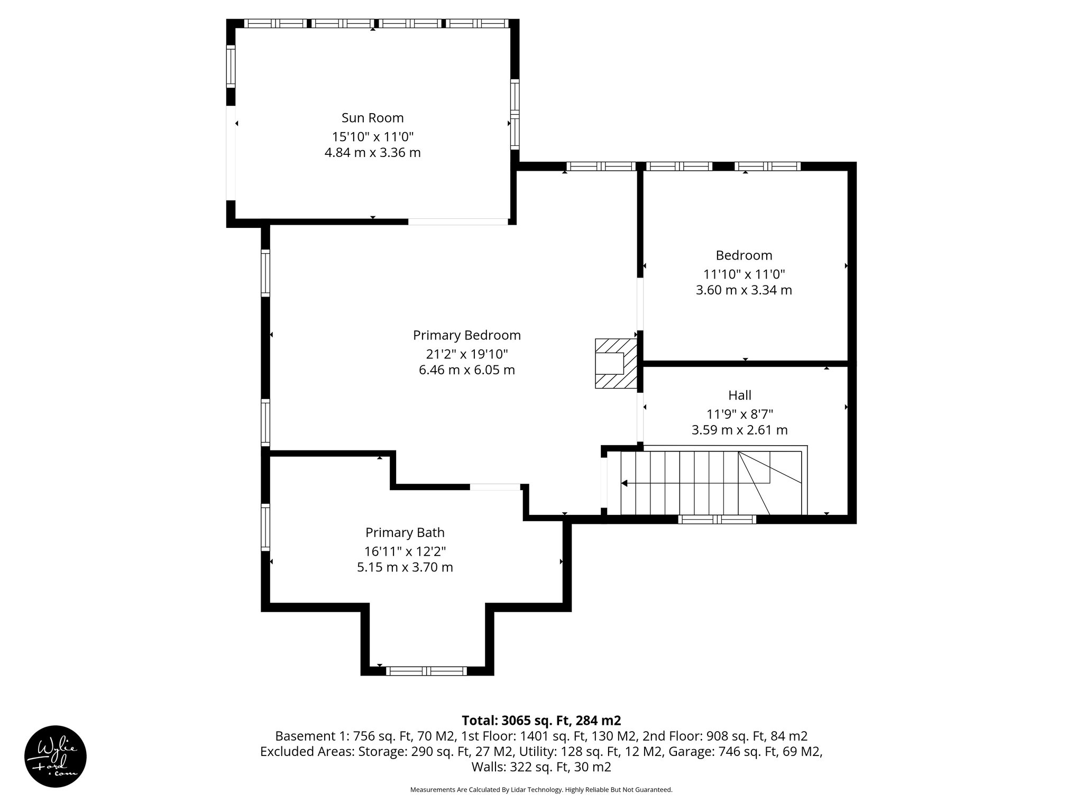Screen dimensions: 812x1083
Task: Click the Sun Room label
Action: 372,117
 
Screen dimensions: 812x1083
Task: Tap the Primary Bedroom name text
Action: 466,335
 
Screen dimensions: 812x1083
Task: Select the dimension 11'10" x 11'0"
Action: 744,274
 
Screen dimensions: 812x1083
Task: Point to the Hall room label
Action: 739,395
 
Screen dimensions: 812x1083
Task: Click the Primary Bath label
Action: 405,532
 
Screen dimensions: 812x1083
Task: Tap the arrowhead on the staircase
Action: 625,483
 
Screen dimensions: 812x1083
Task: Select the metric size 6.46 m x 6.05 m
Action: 466,370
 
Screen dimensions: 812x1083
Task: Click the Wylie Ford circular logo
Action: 55,756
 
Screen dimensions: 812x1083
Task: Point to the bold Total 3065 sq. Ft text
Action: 541,721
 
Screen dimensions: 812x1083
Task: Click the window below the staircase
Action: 717,519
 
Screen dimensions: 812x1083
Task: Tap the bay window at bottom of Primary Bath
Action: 426,671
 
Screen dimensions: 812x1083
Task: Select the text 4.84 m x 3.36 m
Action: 372,153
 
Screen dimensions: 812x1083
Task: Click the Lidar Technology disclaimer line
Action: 541,790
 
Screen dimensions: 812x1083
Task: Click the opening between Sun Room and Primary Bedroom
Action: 457,222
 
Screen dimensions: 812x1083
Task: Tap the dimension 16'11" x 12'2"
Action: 405,551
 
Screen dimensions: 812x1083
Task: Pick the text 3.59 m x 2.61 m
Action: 739,430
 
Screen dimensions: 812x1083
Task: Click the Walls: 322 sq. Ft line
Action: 541,767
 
